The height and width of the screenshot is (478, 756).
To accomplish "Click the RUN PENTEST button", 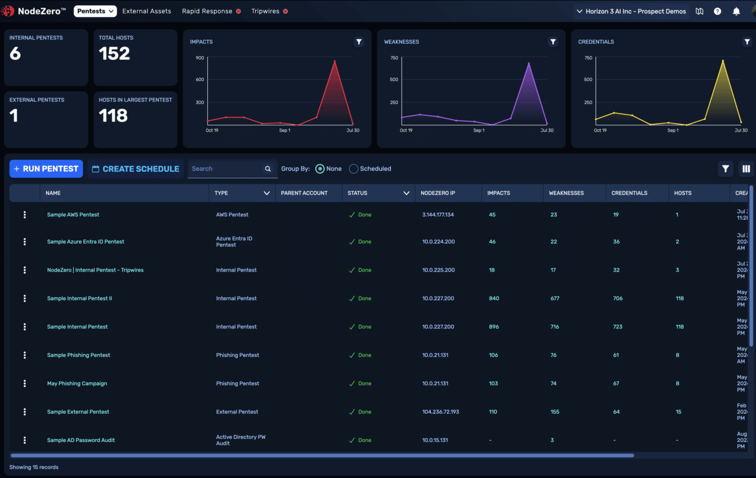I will [46, 168].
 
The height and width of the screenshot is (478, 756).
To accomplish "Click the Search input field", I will [226, 169].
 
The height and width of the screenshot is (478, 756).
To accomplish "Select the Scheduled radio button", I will [354, 169].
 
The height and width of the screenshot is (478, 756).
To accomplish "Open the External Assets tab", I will [146, 11].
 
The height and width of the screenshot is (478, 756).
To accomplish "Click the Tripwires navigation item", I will [265, 11].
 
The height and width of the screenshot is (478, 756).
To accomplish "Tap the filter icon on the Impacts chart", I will [359, 42].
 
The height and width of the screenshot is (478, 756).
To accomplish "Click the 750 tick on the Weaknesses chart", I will [394, 58].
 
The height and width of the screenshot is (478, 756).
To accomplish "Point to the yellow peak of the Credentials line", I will [722, 60].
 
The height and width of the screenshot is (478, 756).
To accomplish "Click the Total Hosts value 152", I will [114, 54].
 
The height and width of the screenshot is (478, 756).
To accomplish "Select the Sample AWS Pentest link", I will [73, 214].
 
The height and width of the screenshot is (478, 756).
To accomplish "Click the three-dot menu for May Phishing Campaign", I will [25, 383].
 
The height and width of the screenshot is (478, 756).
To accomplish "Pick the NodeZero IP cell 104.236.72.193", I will [441, 412].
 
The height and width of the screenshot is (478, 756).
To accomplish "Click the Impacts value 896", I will [494, 327].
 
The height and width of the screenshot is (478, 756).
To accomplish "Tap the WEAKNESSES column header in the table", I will [566, 193].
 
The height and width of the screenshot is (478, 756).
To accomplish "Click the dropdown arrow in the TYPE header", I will [267, 193].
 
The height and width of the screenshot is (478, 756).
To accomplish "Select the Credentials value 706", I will [618, 298].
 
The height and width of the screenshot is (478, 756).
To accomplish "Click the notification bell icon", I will [736, 11].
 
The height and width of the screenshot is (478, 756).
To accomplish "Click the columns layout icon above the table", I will [746, 169].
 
